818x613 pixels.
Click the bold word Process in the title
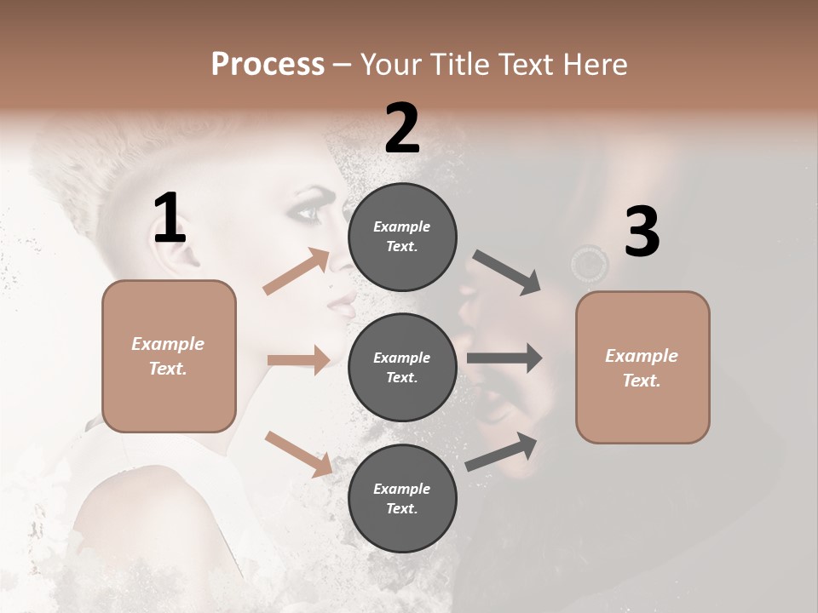[268, 64]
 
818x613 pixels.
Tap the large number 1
[170, 218]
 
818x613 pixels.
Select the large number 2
[402, 129]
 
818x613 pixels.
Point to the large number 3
[642, 232]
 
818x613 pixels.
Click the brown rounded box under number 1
[169, 356]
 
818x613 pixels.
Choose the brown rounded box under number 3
[642, 368]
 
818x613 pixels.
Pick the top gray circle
[402, 237]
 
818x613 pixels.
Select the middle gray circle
[402, 368]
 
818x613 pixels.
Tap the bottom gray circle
[402, 499]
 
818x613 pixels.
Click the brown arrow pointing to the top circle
[297, 272]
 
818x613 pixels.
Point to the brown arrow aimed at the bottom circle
[298, 453]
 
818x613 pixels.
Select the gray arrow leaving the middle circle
[504, 358]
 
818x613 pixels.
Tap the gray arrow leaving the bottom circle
[502, 452]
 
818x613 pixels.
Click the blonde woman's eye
[308, 213]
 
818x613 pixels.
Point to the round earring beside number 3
[589, 263]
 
